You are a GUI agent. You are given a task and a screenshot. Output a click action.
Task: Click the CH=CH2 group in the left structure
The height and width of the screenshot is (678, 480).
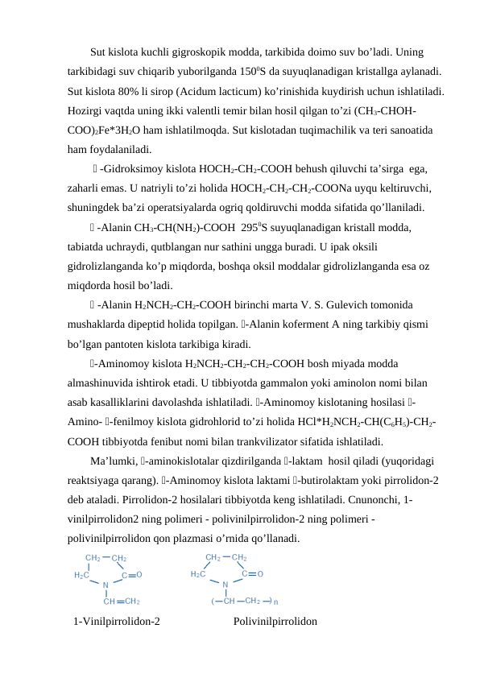coord(121,601)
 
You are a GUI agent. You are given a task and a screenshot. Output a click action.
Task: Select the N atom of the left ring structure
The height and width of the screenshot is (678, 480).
coord(106,585)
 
